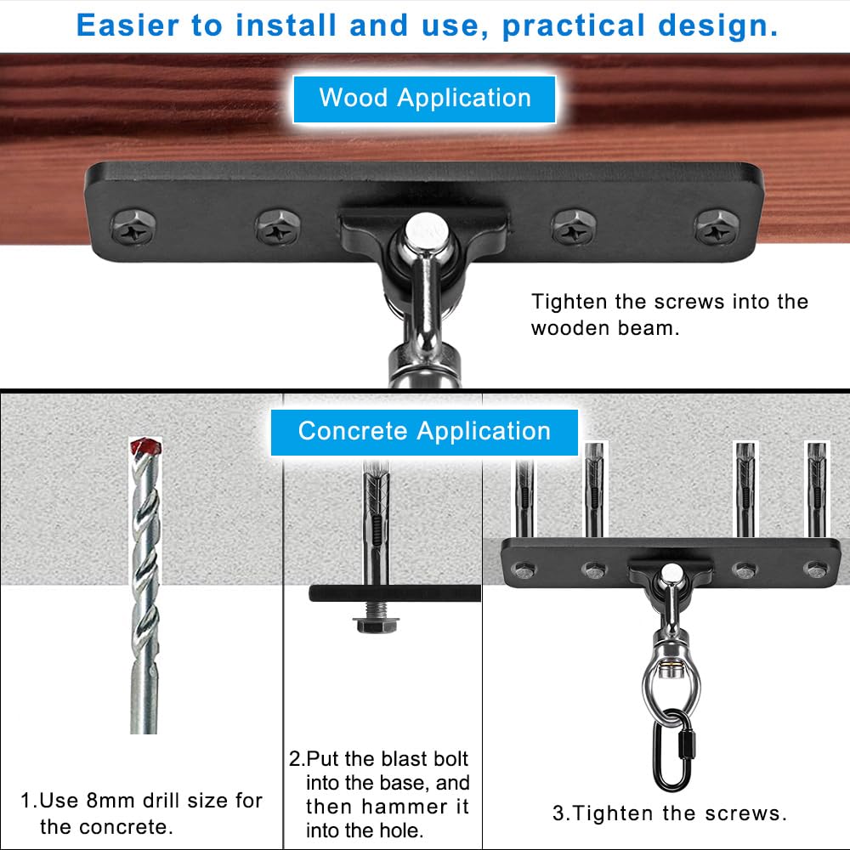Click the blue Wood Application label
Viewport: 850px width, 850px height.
424,98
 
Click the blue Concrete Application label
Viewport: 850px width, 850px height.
424,431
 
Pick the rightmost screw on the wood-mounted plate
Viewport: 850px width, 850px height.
716,227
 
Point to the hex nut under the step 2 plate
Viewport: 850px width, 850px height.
371,624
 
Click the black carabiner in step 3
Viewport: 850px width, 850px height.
669,743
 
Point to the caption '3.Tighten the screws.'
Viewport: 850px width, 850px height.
670,813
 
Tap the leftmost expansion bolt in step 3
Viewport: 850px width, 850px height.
524,498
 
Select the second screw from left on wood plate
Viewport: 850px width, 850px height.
277,228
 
